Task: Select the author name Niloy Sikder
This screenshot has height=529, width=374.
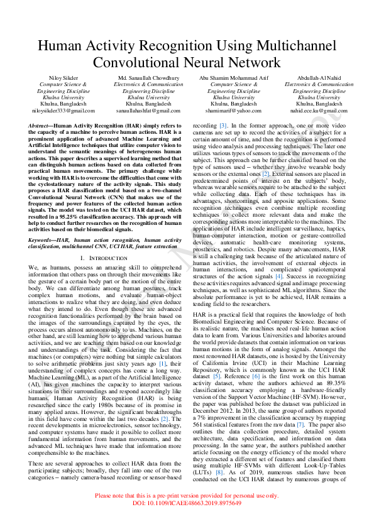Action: click(63, 77)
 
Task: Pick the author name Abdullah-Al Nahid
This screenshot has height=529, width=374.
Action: click(319, 77)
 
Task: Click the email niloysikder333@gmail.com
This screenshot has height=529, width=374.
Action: click(63, 111)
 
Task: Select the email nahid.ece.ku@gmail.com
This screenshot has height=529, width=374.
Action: click(319, 111)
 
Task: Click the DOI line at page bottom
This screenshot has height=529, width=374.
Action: click(187, 521)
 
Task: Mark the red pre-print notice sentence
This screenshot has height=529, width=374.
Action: click(187, 513)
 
